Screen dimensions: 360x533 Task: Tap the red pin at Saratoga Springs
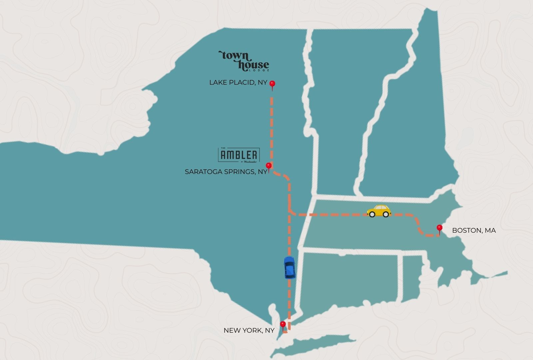click(268, 166)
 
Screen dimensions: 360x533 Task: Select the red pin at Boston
click(439, 228)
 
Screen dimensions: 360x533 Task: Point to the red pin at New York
click(283, 324)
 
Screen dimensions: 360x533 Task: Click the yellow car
click(379, 211)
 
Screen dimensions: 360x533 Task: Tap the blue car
click(289, 267)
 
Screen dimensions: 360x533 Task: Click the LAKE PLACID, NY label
click(238, 82)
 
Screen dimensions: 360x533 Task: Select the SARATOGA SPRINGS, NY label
click(226, 172)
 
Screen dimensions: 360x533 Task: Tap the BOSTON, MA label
click(474, 230)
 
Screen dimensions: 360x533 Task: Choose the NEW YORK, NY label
click(249, 330)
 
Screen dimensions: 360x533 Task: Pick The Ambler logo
click(239, 155)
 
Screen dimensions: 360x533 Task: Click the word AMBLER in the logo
click(239, 155)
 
